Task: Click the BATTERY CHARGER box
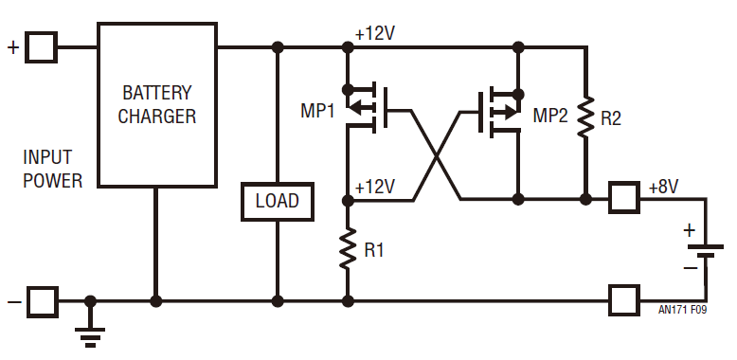click(x=157, y=105)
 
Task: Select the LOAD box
click(x=277, y=201)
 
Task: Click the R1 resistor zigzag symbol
click(x=348, y=249)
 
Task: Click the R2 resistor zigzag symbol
click(x=586, y=116)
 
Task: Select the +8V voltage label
click(x=663, y=188)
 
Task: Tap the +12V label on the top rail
click(x=374, y=33)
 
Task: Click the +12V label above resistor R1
click(x=374, y=185)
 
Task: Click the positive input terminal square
click(x=42, y=46)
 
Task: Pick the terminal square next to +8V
click(x=624, y=199)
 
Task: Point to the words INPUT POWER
click(x=53, y=169)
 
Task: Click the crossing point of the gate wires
click(x=437, y=155)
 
